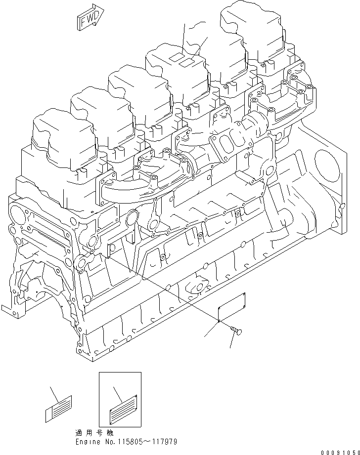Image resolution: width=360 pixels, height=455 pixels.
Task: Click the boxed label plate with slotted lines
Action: pyautogui.click(x=120, y=398)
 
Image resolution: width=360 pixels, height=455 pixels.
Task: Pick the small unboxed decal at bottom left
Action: pyautogui.click(x=58, y=408)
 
